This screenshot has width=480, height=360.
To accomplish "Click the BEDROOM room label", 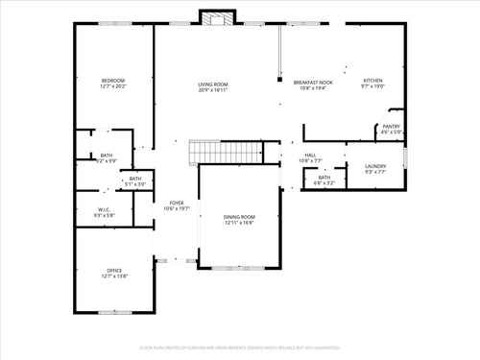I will click(113, 80).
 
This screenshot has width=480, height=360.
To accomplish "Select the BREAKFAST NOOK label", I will click(312, 83).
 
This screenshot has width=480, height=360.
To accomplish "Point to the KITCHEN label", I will click(372, 80).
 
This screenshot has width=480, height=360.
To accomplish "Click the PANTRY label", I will click(391, 126).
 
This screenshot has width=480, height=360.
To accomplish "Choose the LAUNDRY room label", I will click(375, 167).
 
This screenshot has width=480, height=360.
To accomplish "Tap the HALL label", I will click(310, 155).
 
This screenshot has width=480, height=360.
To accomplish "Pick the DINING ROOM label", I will click(240, 217).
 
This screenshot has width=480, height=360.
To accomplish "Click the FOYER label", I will click(177, 203).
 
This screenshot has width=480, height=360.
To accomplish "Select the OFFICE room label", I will click(113, 272).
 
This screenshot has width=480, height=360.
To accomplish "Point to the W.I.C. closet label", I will click(105, 210).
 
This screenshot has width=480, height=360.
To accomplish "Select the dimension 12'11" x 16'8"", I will click(240, 223).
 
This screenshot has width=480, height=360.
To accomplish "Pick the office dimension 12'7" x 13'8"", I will click(113, 277).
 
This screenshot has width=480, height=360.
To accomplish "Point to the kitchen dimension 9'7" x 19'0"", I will click(372, 85).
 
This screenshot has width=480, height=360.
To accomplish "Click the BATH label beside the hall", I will click(324, 177).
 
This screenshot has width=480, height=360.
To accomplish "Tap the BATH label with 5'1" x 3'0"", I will click(135, 178).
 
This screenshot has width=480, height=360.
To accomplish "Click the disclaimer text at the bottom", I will click(240, 348).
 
